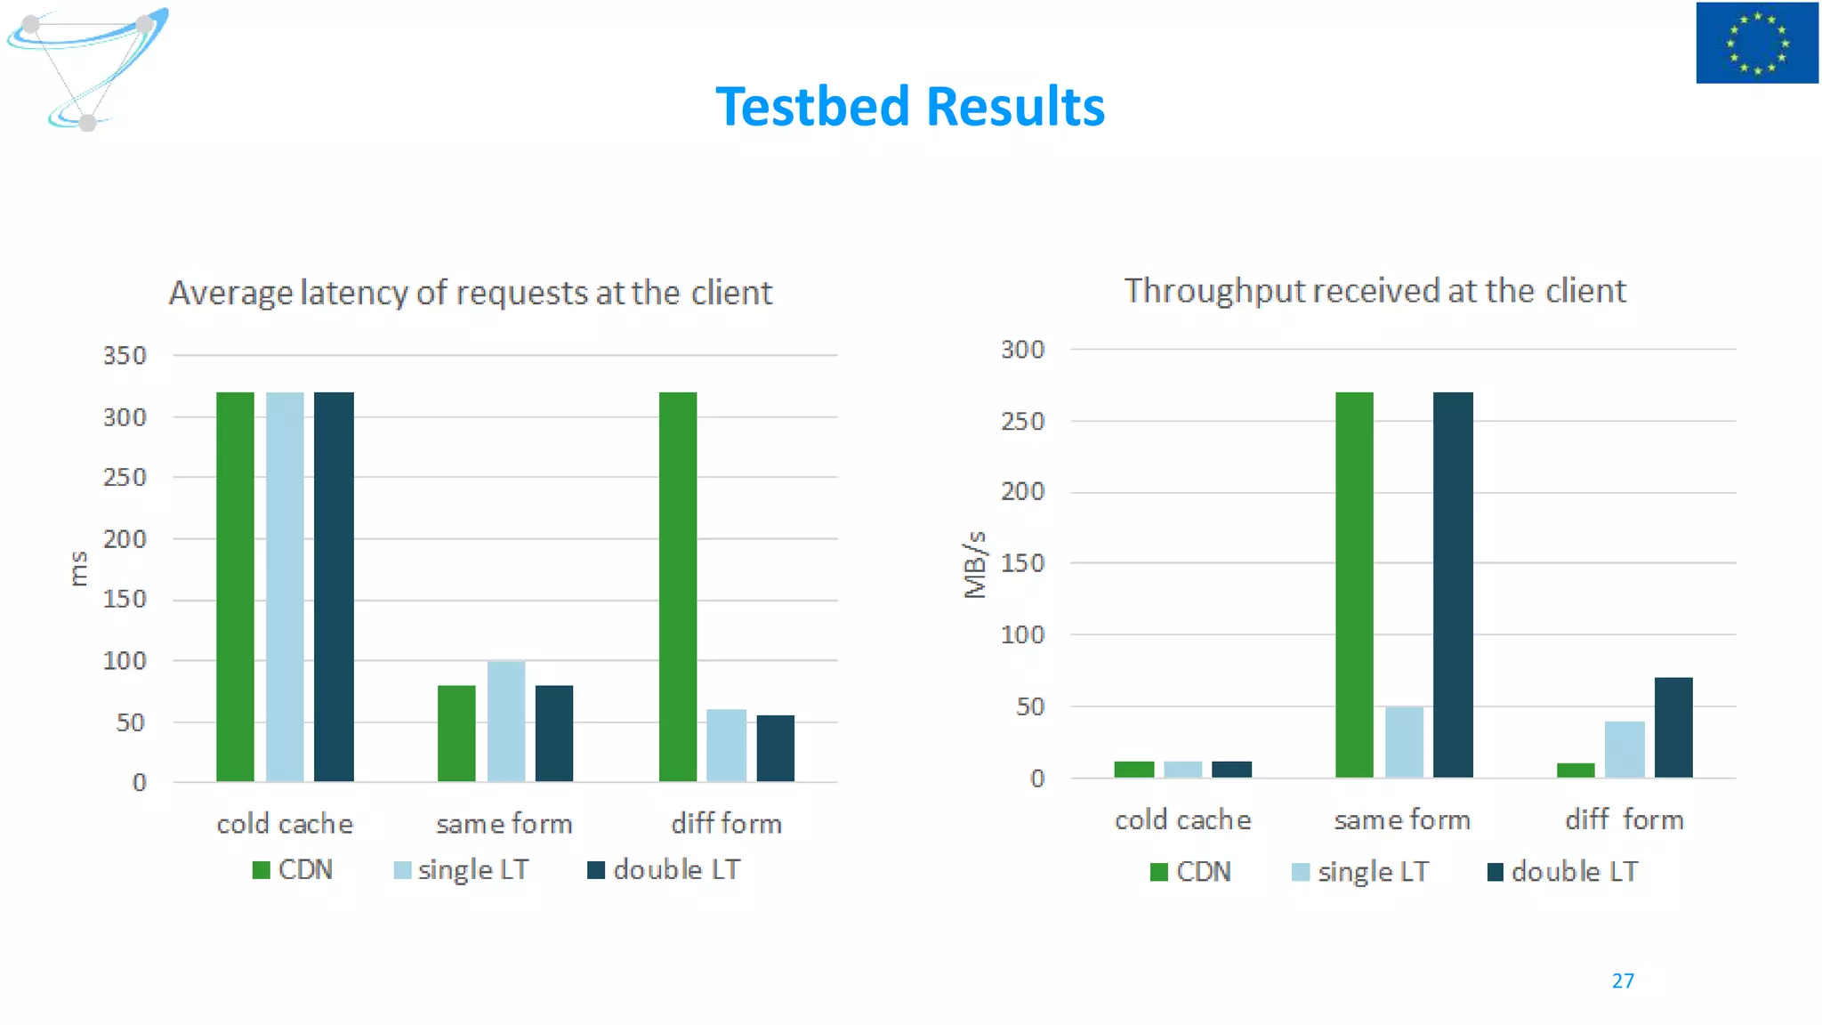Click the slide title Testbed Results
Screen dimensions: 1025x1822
910,107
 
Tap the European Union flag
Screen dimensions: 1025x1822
1756,43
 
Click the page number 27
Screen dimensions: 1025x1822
1623,981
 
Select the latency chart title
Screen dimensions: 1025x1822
471,293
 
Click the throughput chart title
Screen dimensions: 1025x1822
1375,291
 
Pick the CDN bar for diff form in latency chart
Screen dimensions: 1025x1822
678,587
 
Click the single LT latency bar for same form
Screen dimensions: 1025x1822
506,722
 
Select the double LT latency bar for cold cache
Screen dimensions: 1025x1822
334,587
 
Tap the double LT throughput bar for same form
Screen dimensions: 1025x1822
1453,585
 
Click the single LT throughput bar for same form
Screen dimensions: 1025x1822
1404,742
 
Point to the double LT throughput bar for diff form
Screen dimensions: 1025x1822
1673,728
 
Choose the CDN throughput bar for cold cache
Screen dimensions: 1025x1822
1133,770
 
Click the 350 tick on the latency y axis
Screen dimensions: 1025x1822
125,356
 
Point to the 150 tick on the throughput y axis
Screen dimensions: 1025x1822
1022,563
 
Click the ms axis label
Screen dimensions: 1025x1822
78,569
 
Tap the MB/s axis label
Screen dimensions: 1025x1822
975,565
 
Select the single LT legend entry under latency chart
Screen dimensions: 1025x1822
462,870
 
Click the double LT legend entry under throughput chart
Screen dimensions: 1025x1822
1562,872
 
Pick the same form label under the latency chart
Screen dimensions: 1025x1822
504,824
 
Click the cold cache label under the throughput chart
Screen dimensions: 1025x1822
1182,820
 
